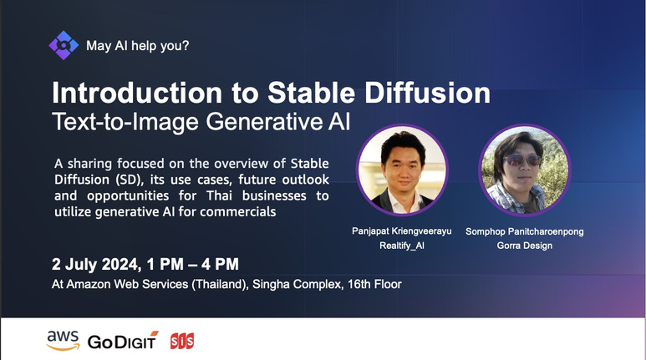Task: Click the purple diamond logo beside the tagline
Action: pyautogui.click(x=64, y=45)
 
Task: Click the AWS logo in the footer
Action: pyautogui.click(x=63, y=341)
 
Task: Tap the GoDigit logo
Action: pyautogui.click(x=123, y=341)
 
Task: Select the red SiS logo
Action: pyautogui.click(x=182, y=341)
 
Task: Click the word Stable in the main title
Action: pyautogui.click(x=312, y=93)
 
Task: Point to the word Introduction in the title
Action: pyautogui.click(x=137, y=93)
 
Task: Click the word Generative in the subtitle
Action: pyautogui.click(x=264, y=121)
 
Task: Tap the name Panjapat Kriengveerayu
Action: pyautogui.click(x=402, y=231)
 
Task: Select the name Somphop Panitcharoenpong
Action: pyautogui.click(x=525, y=231)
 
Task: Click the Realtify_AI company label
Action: pyautogui.click(x=402, y=246)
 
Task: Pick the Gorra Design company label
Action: pyautogui.click(x=525, y=246)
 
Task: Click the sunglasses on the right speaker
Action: pyautogui.click(x=523, y=160)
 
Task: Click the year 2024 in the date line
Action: pyautogui.click(x=120, y=264)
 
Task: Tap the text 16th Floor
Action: pyautogui.click(x=374, y=284)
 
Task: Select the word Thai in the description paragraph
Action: pyautogui.click(x=220, y=195)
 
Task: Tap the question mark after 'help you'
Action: pyautogui.click(x=185, y=45)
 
